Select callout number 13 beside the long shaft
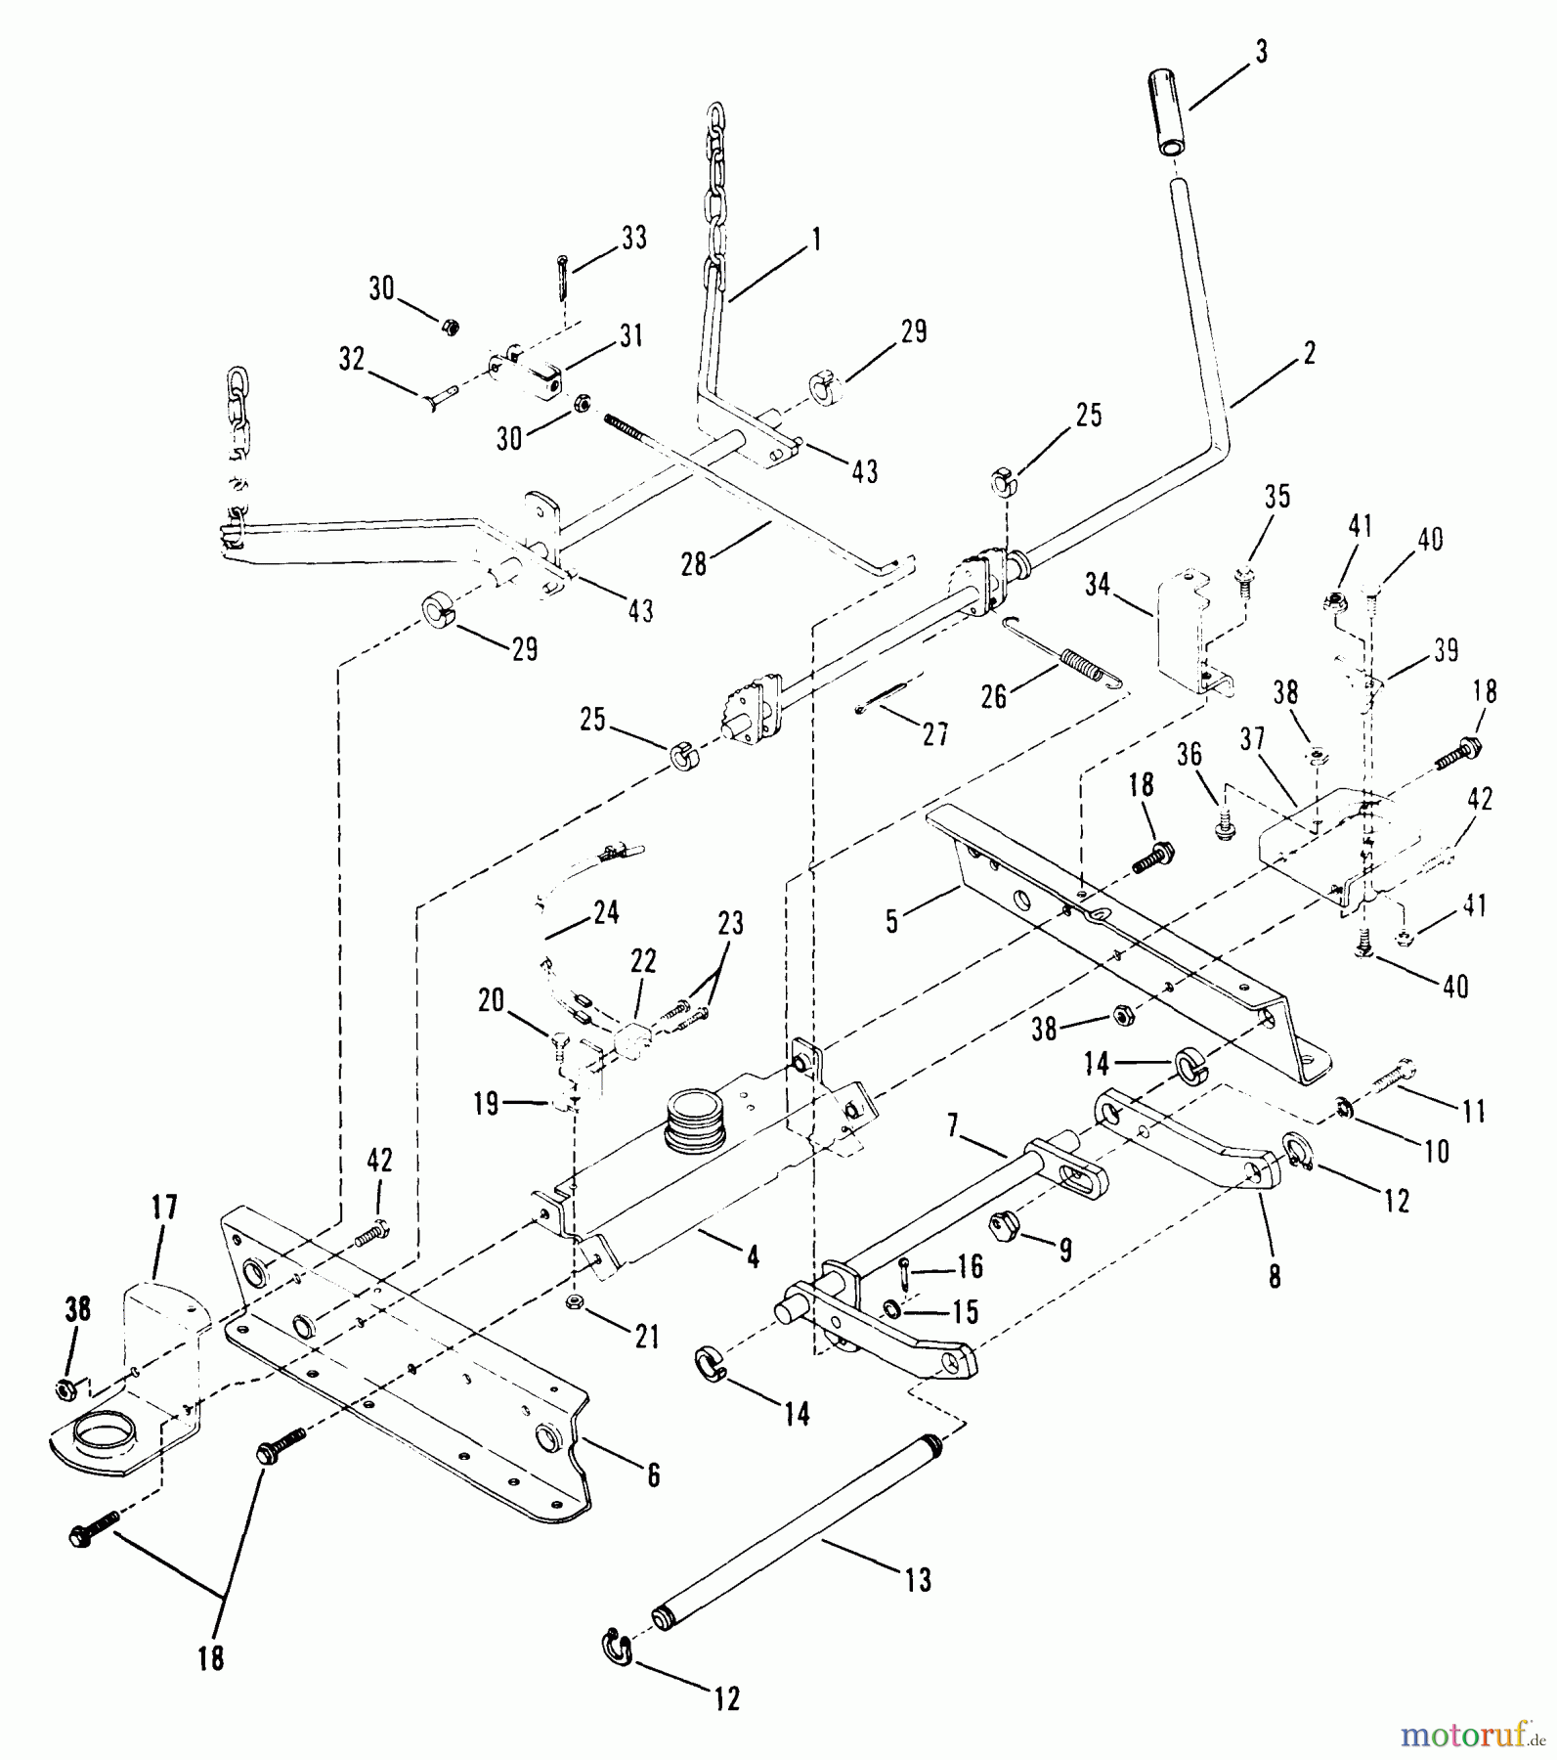click(919, 1579)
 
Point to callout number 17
click(163, 1209)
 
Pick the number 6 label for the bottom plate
click(653, 1474)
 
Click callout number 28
click(693, 564)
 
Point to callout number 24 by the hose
click(606, 913)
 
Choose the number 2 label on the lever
click(1309, 353)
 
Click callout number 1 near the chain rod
click(814, 240)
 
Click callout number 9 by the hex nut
click(1064, 1249)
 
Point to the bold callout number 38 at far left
click(77, 1309)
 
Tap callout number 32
click(351, 359)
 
